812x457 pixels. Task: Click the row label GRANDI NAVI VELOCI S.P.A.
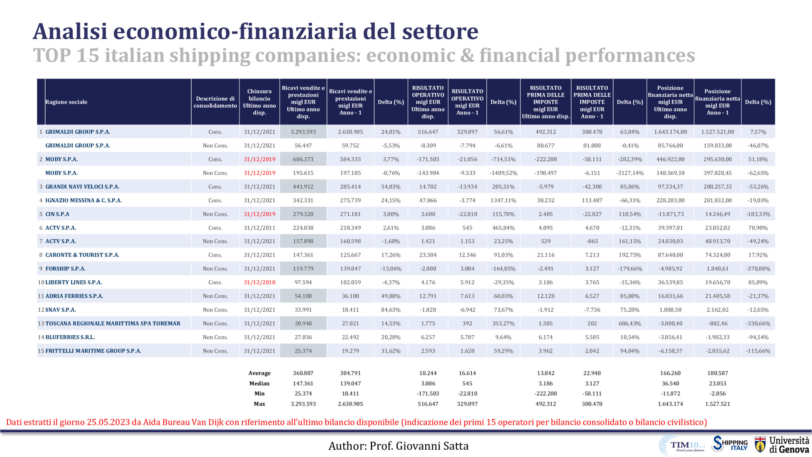tap(82, 187)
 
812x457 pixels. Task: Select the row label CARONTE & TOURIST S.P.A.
tap(82, 255)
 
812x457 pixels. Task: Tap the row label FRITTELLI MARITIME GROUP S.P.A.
tap(93, 351)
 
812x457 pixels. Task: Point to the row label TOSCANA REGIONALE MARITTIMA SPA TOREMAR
tap(113, 323)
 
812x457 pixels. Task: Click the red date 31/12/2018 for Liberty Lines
tap(259, 282)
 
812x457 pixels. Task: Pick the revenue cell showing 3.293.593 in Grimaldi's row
tap(303, 132)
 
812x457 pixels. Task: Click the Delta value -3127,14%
tap(630, 173)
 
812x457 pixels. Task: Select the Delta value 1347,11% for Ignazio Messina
tap(503, 200)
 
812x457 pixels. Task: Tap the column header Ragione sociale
tap(66, 102)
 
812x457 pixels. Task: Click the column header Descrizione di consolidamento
tap(215, 102)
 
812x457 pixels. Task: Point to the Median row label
tap(259, 383)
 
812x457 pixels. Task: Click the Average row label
tap(259, 373)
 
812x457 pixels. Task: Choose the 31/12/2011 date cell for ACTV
tap(259, 228)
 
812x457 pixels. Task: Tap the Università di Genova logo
tap(782, 445)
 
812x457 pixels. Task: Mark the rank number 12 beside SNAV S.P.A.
tap(41, 310)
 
